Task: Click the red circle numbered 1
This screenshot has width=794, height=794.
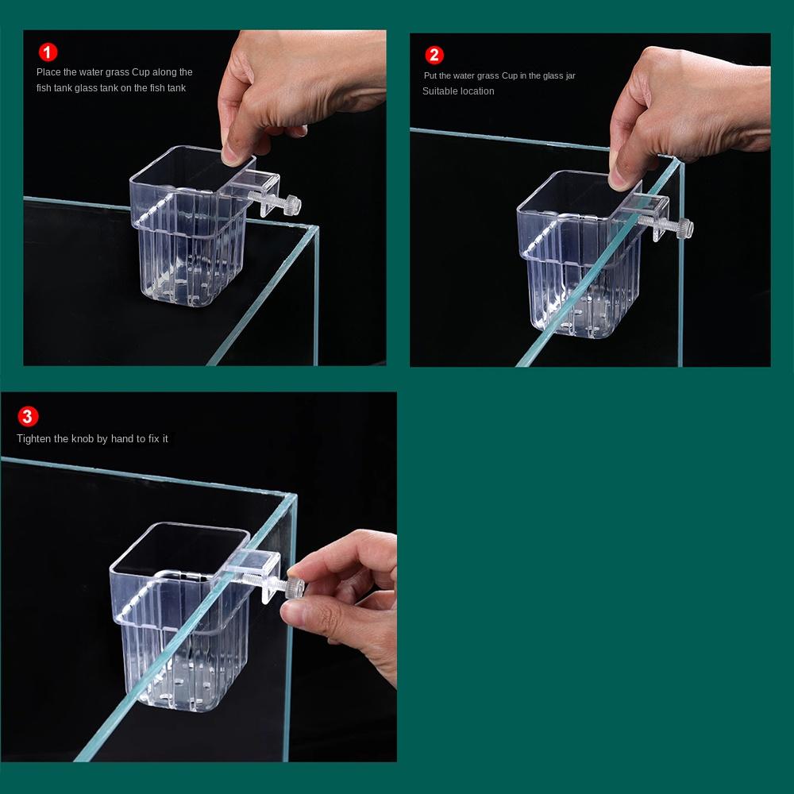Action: (48, 52)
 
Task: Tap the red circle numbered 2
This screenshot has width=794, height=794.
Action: (434, 55)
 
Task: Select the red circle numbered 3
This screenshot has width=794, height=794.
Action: (28, 417)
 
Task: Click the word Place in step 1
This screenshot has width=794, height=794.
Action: (48, 72)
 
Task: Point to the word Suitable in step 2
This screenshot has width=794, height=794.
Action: (439, 91)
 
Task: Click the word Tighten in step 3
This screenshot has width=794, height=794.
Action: (33, 438)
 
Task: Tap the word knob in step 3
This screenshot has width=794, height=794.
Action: (82, 438)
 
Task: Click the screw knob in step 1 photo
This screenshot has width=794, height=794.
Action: (291, 205)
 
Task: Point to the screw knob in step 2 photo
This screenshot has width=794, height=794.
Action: (684, 228)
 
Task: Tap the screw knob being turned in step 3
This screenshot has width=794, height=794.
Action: (295, 588)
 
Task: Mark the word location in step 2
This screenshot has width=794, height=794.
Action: (476, 91)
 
